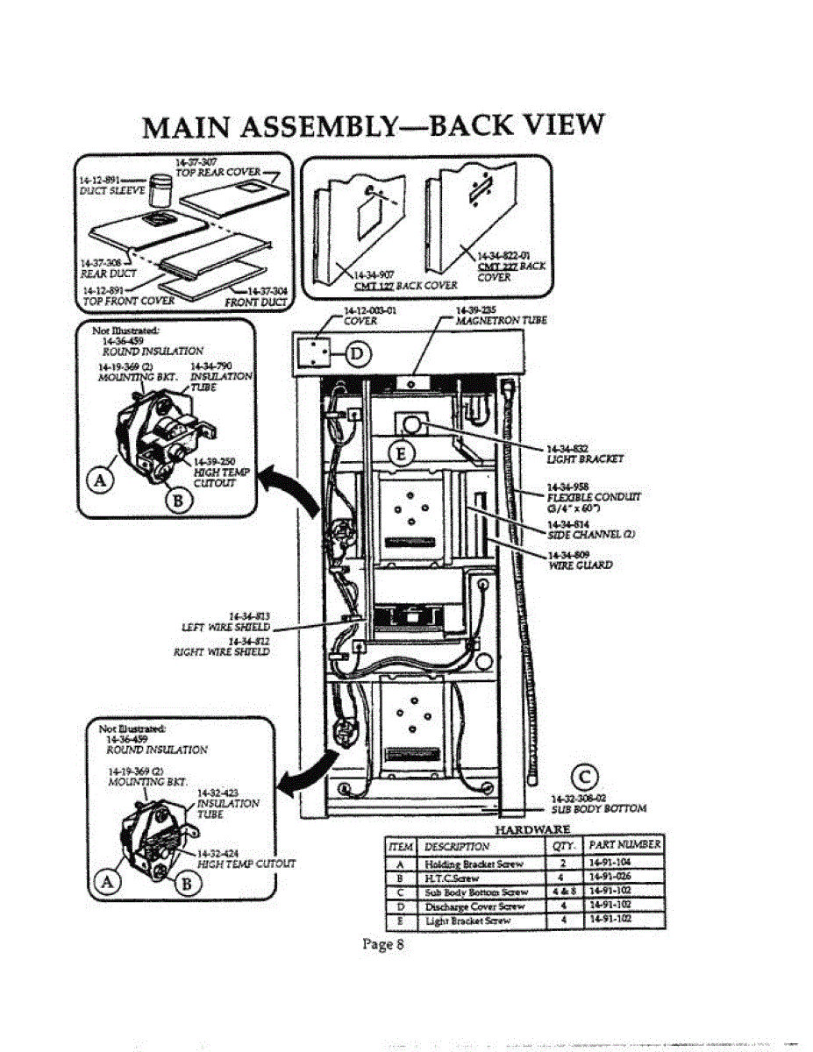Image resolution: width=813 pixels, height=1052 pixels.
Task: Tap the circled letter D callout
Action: tap(360, 354)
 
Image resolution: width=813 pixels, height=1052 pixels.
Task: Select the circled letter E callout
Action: tap(401, 451)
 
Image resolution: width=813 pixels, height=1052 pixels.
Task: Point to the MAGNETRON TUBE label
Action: tap(501, 320)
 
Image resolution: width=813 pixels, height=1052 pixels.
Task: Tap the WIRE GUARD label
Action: tap(580, 565)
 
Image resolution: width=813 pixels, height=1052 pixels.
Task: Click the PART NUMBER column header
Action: tap(625, 846)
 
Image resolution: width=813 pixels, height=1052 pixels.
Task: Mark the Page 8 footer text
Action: tap(382, 944)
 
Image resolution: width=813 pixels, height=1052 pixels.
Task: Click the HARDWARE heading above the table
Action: tap(532, 829)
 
